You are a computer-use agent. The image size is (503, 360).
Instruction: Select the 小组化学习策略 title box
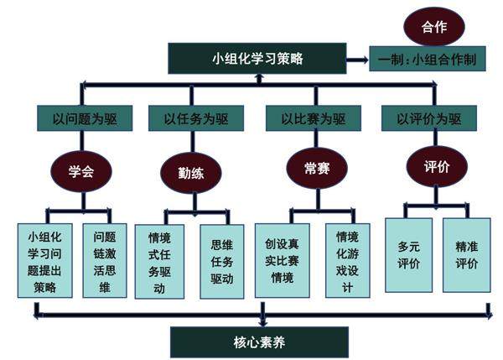257,59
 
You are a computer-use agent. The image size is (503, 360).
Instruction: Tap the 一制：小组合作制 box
428,60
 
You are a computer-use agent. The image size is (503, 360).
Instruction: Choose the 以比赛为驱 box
314,119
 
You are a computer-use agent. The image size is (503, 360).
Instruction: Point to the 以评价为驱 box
428,119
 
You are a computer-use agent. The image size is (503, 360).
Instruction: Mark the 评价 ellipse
436,166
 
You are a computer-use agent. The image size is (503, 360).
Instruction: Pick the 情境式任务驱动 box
159,261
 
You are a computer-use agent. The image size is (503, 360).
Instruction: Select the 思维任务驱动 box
221,261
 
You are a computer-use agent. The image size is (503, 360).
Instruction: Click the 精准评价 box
467,255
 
